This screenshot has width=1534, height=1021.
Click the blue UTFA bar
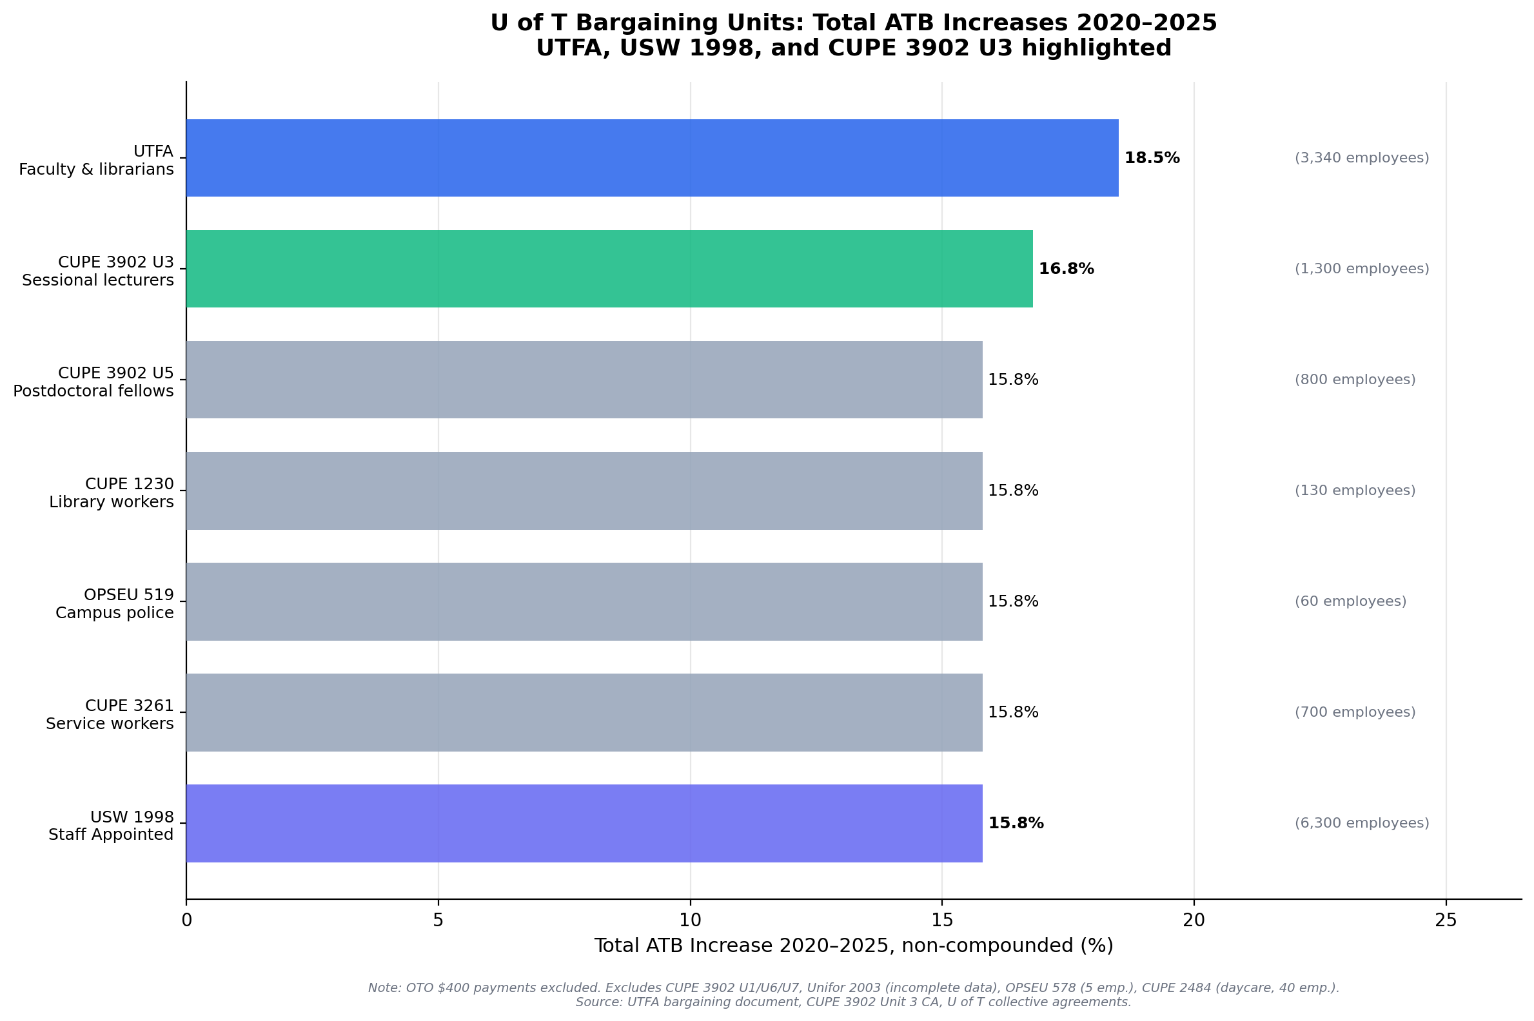651,157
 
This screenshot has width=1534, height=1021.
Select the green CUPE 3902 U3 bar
609,268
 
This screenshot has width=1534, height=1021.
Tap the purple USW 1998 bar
584,823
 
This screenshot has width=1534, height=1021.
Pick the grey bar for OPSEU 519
584,601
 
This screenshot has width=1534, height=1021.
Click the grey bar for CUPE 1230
584,491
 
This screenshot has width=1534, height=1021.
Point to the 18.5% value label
1152,158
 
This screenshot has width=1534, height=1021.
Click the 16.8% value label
1066,269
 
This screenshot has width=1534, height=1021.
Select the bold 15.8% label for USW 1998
1016,823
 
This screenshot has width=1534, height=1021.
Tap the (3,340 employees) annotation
1361,158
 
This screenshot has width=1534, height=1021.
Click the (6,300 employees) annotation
1361,823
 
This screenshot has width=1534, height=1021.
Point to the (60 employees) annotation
1350,601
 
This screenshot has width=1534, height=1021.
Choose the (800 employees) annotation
1354,380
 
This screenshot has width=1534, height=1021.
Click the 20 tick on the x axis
1194,920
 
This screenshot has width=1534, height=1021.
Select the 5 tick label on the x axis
438,920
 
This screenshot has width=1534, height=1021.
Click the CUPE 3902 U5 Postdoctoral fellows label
93,382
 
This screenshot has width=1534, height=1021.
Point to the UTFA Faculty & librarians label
97,160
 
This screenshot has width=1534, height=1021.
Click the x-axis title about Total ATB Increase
853,946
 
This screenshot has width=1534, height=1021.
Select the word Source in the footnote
597,1002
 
